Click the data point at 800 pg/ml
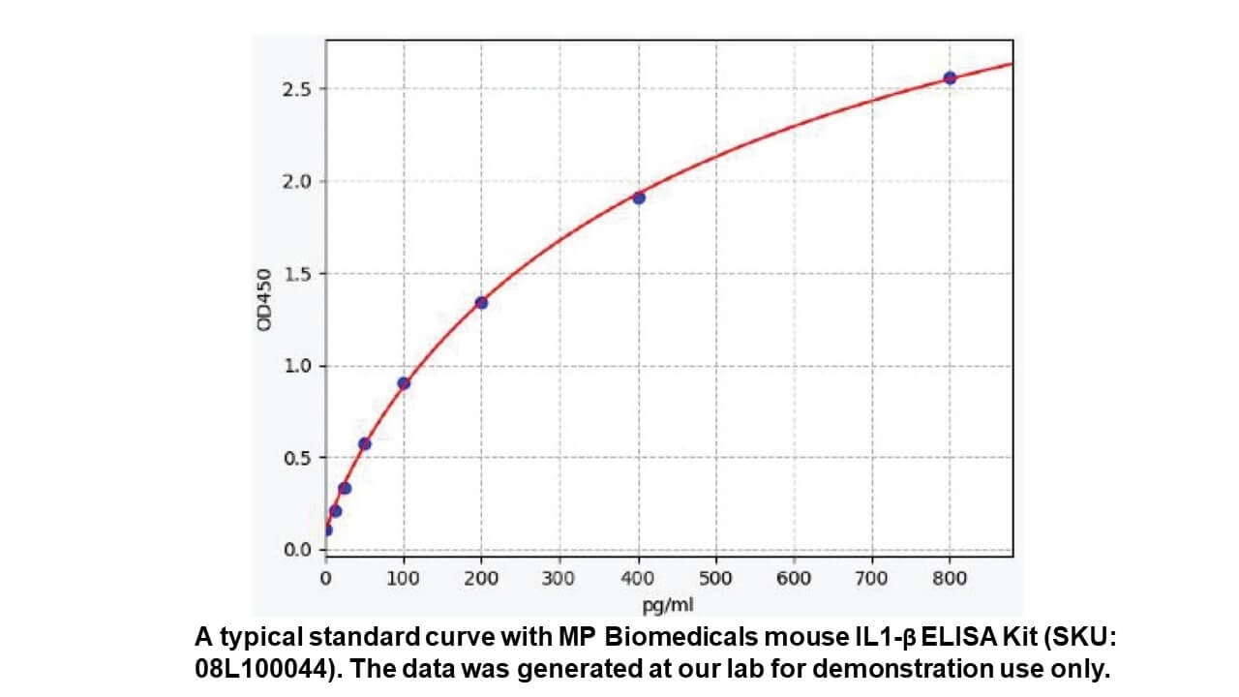[950, 77]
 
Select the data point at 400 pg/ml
[639, 197]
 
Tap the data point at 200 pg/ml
[481, 303]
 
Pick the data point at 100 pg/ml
[404, 383]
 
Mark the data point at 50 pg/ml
[365, 443]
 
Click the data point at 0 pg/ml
[327, 530]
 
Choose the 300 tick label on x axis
[559, 578]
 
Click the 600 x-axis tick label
[794, 578]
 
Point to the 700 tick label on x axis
[872, 578]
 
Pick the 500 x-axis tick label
[715, 578]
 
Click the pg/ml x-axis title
[669, 606]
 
